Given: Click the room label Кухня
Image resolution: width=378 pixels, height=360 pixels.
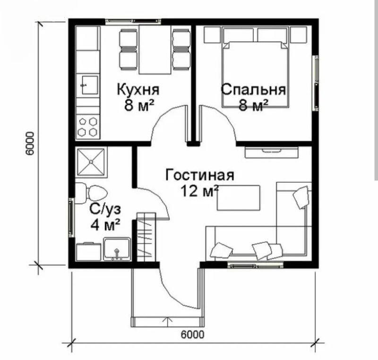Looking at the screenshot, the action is [138, 89].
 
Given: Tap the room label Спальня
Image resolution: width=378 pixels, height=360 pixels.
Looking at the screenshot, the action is [253, 89].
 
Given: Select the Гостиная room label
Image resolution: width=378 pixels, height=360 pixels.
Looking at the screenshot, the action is [200, 175].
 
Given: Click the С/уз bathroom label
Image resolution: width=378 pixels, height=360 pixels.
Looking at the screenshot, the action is [105, 209].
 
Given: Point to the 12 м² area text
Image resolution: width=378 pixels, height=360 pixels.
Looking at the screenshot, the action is [200, 191].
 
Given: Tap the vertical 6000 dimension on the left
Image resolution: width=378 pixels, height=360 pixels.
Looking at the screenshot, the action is [30, 144].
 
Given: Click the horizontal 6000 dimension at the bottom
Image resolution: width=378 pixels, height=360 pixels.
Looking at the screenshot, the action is [192, 334].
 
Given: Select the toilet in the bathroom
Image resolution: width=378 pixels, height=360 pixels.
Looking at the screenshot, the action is [91, 193].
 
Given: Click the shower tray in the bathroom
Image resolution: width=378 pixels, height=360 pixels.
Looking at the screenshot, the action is [91, 162].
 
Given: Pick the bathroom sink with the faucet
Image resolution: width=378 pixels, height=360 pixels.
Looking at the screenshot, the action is [117, 249].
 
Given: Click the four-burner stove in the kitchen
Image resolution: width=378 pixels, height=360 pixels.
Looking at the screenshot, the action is [88, 127].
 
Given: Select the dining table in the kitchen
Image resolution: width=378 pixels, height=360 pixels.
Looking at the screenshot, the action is [155, 50].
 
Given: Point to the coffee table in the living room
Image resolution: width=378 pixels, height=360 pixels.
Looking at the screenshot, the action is [239, 198].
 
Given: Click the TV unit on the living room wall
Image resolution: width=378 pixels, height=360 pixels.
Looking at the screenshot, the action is [272, 152].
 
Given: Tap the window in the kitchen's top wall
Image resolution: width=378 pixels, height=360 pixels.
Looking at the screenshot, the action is [133, 21].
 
